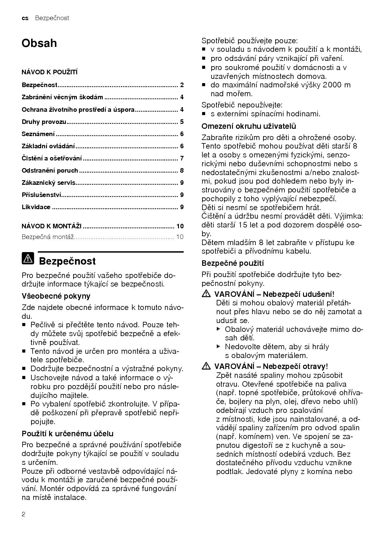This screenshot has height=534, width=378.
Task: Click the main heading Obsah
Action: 39,43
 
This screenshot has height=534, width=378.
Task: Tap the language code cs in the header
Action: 25,18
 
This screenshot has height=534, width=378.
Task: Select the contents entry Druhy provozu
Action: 44,122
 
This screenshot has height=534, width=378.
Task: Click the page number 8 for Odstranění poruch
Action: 182,170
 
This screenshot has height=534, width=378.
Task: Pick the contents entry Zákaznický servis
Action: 48,183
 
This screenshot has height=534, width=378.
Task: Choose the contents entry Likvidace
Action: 36,207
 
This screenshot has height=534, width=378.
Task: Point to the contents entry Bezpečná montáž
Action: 48,237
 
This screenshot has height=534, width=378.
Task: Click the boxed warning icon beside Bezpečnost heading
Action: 28,258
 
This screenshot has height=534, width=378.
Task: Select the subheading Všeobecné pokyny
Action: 56,296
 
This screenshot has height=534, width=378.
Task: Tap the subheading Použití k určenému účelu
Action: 67,434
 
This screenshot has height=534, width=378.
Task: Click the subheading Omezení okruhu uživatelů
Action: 249,126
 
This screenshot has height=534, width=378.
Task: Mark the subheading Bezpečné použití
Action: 233,263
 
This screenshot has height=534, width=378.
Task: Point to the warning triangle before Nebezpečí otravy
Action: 206,366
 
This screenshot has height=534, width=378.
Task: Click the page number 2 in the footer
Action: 23,515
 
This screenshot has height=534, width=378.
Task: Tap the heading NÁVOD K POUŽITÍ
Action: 49,72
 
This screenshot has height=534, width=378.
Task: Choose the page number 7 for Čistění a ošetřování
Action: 182,158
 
